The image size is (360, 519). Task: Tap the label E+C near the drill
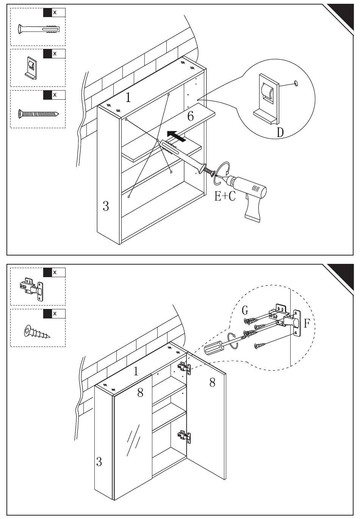click(225, 196)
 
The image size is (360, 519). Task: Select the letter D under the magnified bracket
click(280, 132)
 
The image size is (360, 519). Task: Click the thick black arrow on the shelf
click(177, 136)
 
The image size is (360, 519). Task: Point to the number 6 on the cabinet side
click(190, 116)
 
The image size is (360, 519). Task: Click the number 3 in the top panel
click(106, 206)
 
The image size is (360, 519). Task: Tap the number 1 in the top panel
click(128, 98)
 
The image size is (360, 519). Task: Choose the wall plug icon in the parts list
click(39, 29)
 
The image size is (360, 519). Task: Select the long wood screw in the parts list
click(38, 113)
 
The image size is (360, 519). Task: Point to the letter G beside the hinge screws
click(245, 310)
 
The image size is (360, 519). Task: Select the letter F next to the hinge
click(307, 324)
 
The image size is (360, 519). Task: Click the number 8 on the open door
click(212, 383)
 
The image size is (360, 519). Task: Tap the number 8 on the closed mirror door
click(140, 393)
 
